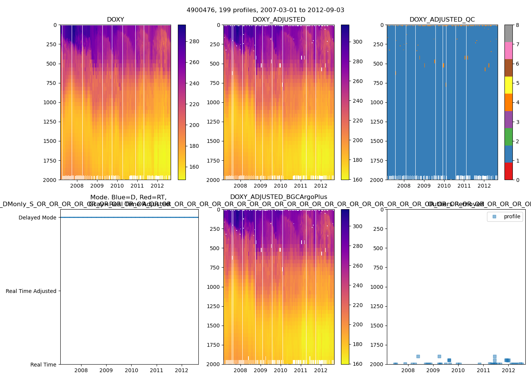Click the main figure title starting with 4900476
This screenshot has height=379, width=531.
point(265,10)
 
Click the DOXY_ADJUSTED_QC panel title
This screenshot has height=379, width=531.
point(442,20)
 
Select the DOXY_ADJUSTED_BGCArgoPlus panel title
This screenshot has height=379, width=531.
point(278,197)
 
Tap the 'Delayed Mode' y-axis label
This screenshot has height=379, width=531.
point(37,218)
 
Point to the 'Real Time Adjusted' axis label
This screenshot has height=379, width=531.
point(31,291)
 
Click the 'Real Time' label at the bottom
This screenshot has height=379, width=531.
point(43,365)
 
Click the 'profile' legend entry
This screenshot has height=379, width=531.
point(512,216)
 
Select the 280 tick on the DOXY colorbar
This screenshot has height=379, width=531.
point(194,41)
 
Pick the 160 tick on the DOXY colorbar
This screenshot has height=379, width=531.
point(194,167)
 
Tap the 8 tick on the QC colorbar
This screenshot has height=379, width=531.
point(517,25)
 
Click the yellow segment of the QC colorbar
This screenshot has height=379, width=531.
point(508,85)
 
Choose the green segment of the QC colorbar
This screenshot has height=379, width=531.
point(508,136)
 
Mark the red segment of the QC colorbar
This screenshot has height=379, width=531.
point(508,171)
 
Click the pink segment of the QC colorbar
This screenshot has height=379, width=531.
point(508,50)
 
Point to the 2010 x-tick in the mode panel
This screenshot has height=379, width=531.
point(131,370)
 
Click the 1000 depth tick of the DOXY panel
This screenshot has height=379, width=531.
point(50,102)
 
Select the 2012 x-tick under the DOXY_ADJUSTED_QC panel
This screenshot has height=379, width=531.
point(484,186)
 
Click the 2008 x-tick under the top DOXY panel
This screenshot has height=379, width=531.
point(77,186)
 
